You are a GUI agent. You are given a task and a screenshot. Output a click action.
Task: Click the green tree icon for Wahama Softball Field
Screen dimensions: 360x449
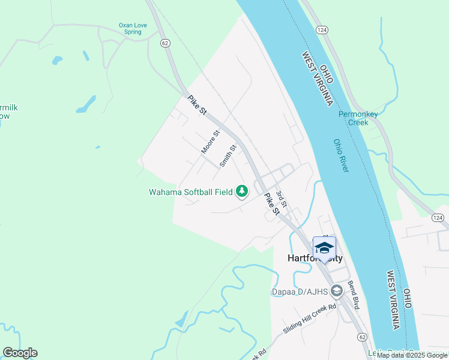tap(242, 191)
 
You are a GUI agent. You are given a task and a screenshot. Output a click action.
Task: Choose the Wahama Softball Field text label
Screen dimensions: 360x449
tap(191, 193)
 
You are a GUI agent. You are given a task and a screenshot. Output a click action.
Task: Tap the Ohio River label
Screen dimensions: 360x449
tap(341, 156)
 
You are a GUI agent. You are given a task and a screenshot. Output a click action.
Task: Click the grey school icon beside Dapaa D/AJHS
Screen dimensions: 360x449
tap(336, 292)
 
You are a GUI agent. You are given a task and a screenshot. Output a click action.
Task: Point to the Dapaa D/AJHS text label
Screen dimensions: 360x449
tap(299, 292)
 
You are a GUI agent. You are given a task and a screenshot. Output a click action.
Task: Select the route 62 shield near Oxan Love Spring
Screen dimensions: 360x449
tap(166, 43)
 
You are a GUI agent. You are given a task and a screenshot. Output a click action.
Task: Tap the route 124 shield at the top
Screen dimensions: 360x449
tap(322, 30)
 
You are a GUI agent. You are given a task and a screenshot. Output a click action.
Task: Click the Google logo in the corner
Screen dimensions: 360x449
tap(20, 353)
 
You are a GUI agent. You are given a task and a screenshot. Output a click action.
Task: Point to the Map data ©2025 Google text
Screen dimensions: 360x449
tap(412, 355)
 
